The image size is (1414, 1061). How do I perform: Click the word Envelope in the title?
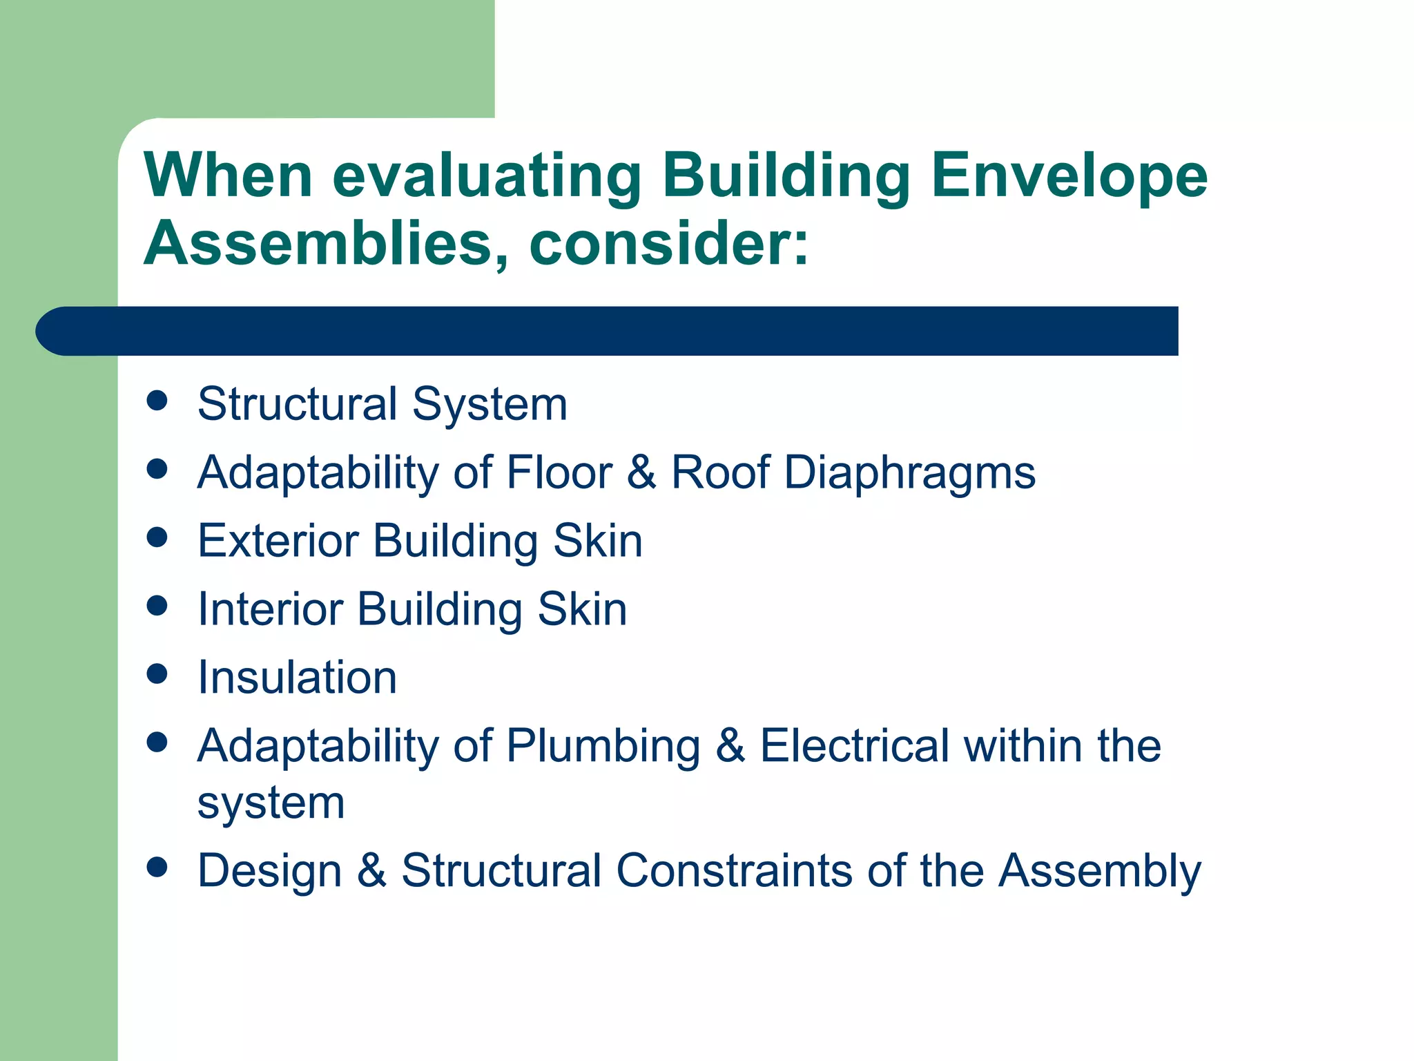1069,176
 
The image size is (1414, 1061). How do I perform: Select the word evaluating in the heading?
487,176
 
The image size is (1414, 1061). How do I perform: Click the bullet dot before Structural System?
157,401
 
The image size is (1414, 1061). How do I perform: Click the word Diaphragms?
909,473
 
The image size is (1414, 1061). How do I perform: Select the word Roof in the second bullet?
720,473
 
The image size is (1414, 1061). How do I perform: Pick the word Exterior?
278,540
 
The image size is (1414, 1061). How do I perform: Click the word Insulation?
298,677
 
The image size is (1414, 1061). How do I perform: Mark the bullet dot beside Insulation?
157,674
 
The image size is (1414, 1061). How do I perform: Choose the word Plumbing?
603,746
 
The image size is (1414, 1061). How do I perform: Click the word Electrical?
854,746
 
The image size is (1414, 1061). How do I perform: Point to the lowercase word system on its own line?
271,804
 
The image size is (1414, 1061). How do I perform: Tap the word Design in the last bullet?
269,870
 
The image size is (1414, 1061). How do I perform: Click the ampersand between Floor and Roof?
641,473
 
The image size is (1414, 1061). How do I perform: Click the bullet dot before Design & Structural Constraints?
157,867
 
